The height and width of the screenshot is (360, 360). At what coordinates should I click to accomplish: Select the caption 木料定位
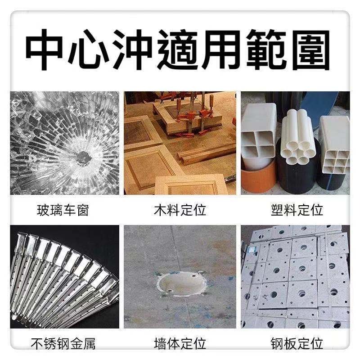pyautogui.click(x=180, y=210)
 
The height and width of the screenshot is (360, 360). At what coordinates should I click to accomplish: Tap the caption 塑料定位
pyautogui.click(x=297, y=210)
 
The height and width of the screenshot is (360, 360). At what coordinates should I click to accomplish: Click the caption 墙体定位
pyautogui.click(x=180, y=344)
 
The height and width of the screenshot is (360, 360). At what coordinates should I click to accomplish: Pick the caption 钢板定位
pyautogui.click(x=297, y=344)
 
